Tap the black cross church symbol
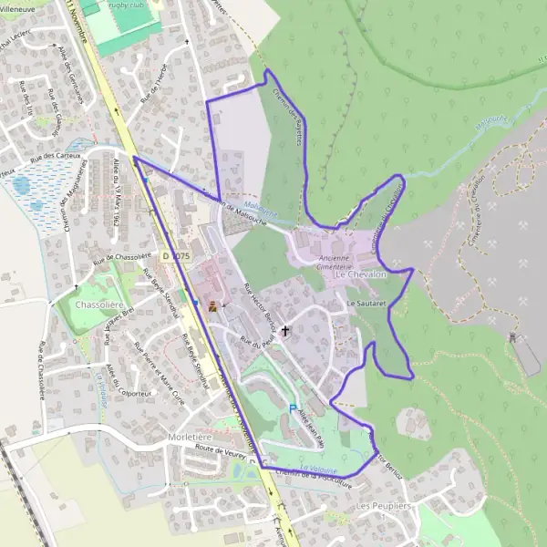[286, 330]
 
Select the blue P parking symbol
[293, 409]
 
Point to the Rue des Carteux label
[57, 159]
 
